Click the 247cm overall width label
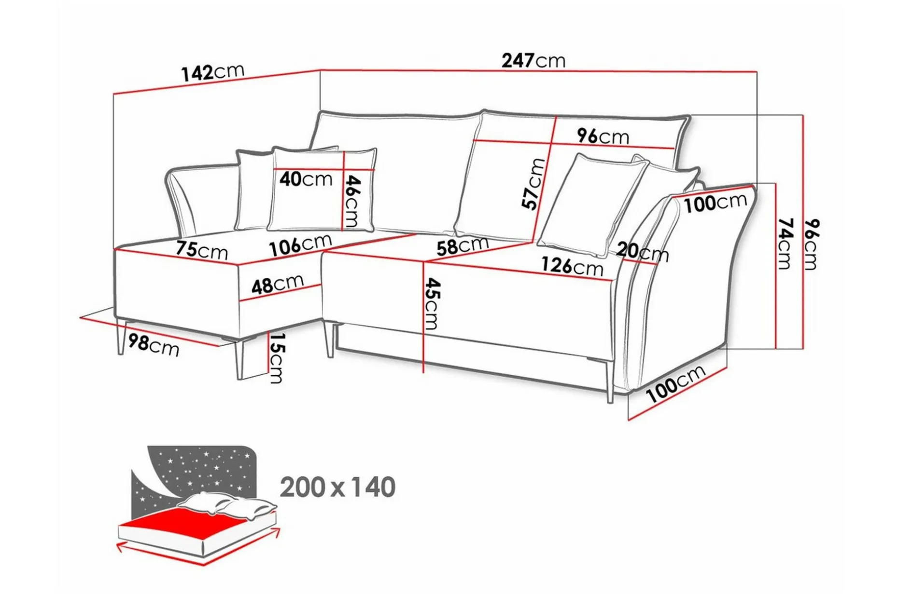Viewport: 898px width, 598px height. coord(533,61)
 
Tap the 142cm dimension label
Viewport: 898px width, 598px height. coord(212,72)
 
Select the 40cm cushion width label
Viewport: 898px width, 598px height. coord(306,179)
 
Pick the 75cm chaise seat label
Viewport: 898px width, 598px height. coord(201,250)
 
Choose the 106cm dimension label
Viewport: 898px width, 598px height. coord(300,245)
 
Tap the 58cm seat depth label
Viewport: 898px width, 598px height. coord(463,246)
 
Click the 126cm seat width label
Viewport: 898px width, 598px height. coord(572,266)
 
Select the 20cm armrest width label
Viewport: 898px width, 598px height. coord(642,252)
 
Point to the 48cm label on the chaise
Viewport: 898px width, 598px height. coord(277,285)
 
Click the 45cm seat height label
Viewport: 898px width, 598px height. coord(432,303)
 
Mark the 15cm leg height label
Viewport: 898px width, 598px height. coord(276,358)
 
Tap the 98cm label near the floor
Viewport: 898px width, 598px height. coord(154,345)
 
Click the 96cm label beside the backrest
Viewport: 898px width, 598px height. coord(603,137)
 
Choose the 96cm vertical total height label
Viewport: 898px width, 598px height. coord(812,244)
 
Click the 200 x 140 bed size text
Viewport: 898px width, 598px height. coord(337,487)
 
